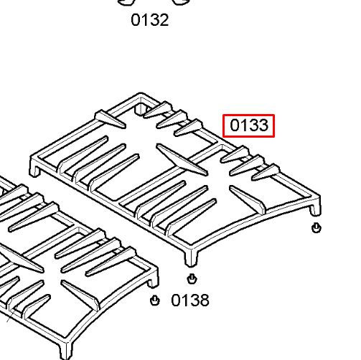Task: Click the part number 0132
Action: click(x=150, y=20)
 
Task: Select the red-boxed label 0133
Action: click(x=248, y=125)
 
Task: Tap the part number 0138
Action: click(x=190, y=300)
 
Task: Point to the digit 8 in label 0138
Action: click(x=204, y=300)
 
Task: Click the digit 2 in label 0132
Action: click(x=164, y=20)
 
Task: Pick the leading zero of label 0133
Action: click(x=235, y=125)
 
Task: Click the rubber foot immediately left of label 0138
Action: click(x=154, y=300)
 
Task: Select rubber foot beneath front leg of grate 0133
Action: click(x=192, y=279)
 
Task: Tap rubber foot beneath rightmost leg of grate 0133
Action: click(x=317, y=227)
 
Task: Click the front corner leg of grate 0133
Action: click(x=191, y=257)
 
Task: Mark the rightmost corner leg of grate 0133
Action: click(x=315, y=207)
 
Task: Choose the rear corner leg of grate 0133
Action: click(x=139, y=108)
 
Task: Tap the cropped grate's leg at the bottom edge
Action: click(x=65, y=351)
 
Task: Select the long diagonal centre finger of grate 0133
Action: click(x=182, y=160)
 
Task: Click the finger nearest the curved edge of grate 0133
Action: click(x=248, y=200)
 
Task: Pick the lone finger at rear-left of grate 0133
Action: click(x=110, y=119)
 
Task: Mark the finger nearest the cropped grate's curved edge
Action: click(x=80, y=295)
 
